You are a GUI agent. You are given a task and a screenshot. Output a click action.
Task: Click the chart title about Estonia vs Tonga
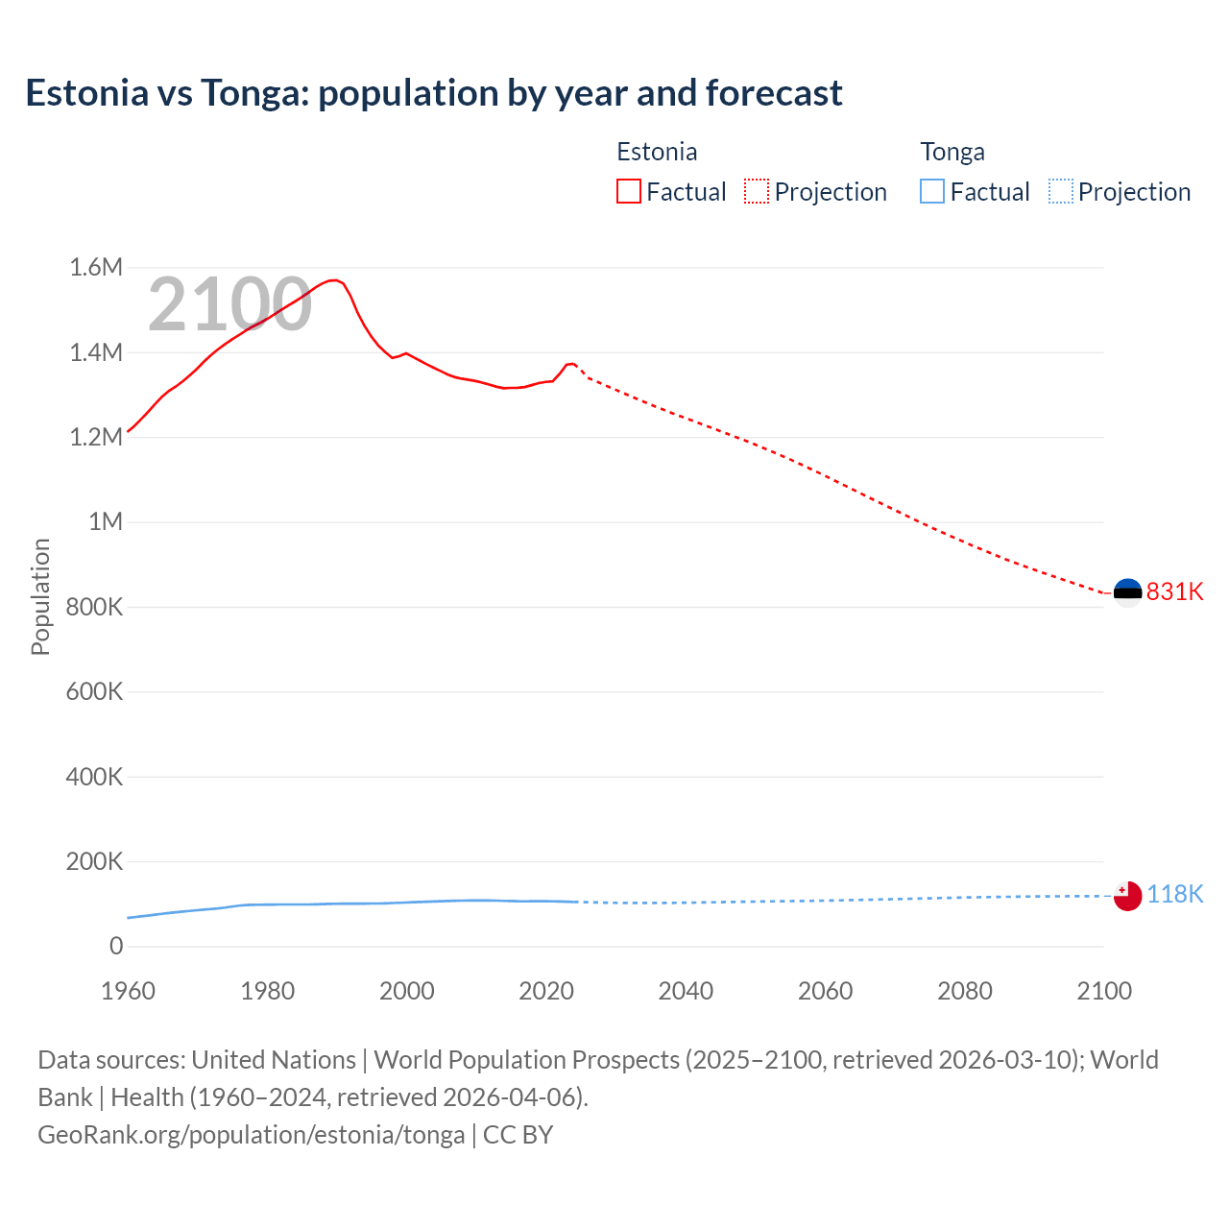point(434,93)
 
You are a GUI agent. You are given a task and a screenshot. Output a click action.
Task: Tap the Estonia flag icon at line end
point(1127,592)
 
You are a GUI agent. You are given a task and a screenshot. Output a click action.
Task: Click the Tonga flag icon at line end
point(1127,896)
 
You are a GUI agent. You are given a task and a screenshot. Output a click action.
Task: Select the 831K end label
point(1174,591)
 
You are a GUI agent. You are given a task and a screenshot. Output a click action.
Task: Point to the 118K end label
point(1174,894)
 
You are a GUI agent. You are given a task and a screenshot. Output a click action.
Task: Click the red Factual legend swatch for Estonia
point(629,192)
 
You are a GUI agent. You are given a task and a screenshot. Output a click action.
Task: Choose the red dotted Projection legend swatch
point(757,192)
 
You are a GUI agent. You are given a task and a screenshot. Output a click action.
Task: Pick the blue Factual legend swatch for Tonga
point(932,192)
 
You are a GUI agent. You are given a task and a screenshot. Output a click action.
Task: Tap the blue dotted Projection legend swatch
point(1061,192)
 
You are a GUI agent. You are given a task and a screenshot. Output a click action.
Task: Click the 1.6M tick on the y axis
point(96,267)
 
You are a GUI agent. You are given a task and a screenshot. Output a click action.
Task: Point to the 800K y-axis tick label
point(94,607)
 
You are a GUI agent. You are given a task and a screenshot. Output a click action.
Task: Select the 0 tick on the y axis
point(116,946)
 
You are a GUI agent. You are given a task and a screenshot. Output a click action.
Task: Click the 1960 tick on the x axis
point(128,991)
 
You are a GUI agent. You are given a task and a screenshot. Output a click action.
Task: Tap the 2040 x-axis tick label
point(686,991)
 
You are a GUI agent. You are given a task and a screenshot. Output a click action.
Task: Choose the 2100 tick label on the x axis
point(1104,991)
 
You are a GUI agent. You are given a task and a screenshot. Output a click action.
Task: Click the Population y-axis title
point(40,596)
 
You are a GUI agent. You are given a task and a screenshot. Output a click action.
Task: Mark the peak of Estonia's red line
point(333,280)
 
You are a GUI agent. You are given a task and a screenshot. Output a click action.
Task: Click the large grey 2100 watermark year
point(229,304)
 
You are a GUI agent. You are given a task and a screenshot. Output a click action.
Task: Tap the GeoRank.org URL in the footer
point(252,1134)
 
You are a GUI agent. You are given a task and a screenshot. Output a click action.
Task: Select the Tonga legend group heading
point(952,152)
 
